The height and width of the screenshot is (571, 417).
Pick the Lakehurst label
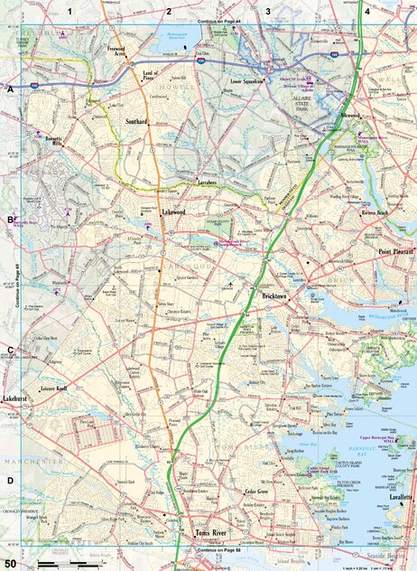click(17, 398)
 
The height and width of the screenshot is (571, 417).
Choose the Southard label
click(136, 120)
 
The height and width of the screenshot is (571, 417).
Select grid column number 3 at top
click(267, 11)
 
